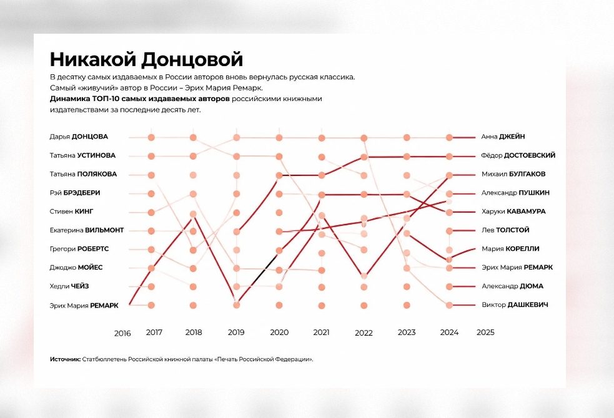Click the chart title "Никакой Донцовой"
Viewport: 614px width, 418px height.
146,59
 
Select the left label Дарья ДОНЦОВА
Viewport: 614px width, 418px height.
79,137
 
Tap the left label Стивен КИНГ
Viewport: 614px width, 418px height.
71,211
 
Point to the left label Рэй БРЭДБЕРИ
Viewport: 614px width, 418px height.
75,193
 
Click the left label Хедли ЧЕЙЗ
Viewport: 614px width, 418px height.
69,286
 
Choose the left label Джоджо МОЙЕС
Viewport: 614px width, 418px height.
76,268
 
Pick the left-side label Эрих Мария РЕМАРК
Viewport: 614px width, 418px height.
84,305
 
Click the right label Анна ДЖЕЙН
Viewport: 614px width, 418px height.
503,137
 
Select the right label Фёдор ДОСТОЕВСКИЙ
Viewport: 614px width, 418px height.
518,155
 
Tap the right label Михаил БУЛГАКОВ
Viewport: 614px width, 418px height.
513,174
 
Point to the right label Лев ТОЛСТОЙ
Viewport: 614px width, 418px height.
505,230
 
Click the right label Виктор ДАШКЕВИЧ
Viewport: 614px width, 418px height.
515,304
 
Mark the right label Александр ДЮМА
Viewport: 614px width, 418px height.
512,286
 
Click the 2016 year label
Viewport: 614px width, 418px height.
122,334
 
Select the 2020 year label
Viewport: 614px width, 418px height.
279,333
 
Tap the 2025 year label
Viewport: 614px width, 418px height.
485,333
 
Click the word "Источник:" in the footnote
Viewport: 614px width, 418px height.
65,359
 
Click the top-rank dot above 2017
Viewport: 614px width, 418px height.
151,137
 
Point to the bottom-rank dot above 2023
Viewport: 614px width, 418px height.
407,305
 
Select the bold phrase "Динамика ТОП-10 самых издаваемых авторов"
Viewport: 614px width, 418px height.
140,99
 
